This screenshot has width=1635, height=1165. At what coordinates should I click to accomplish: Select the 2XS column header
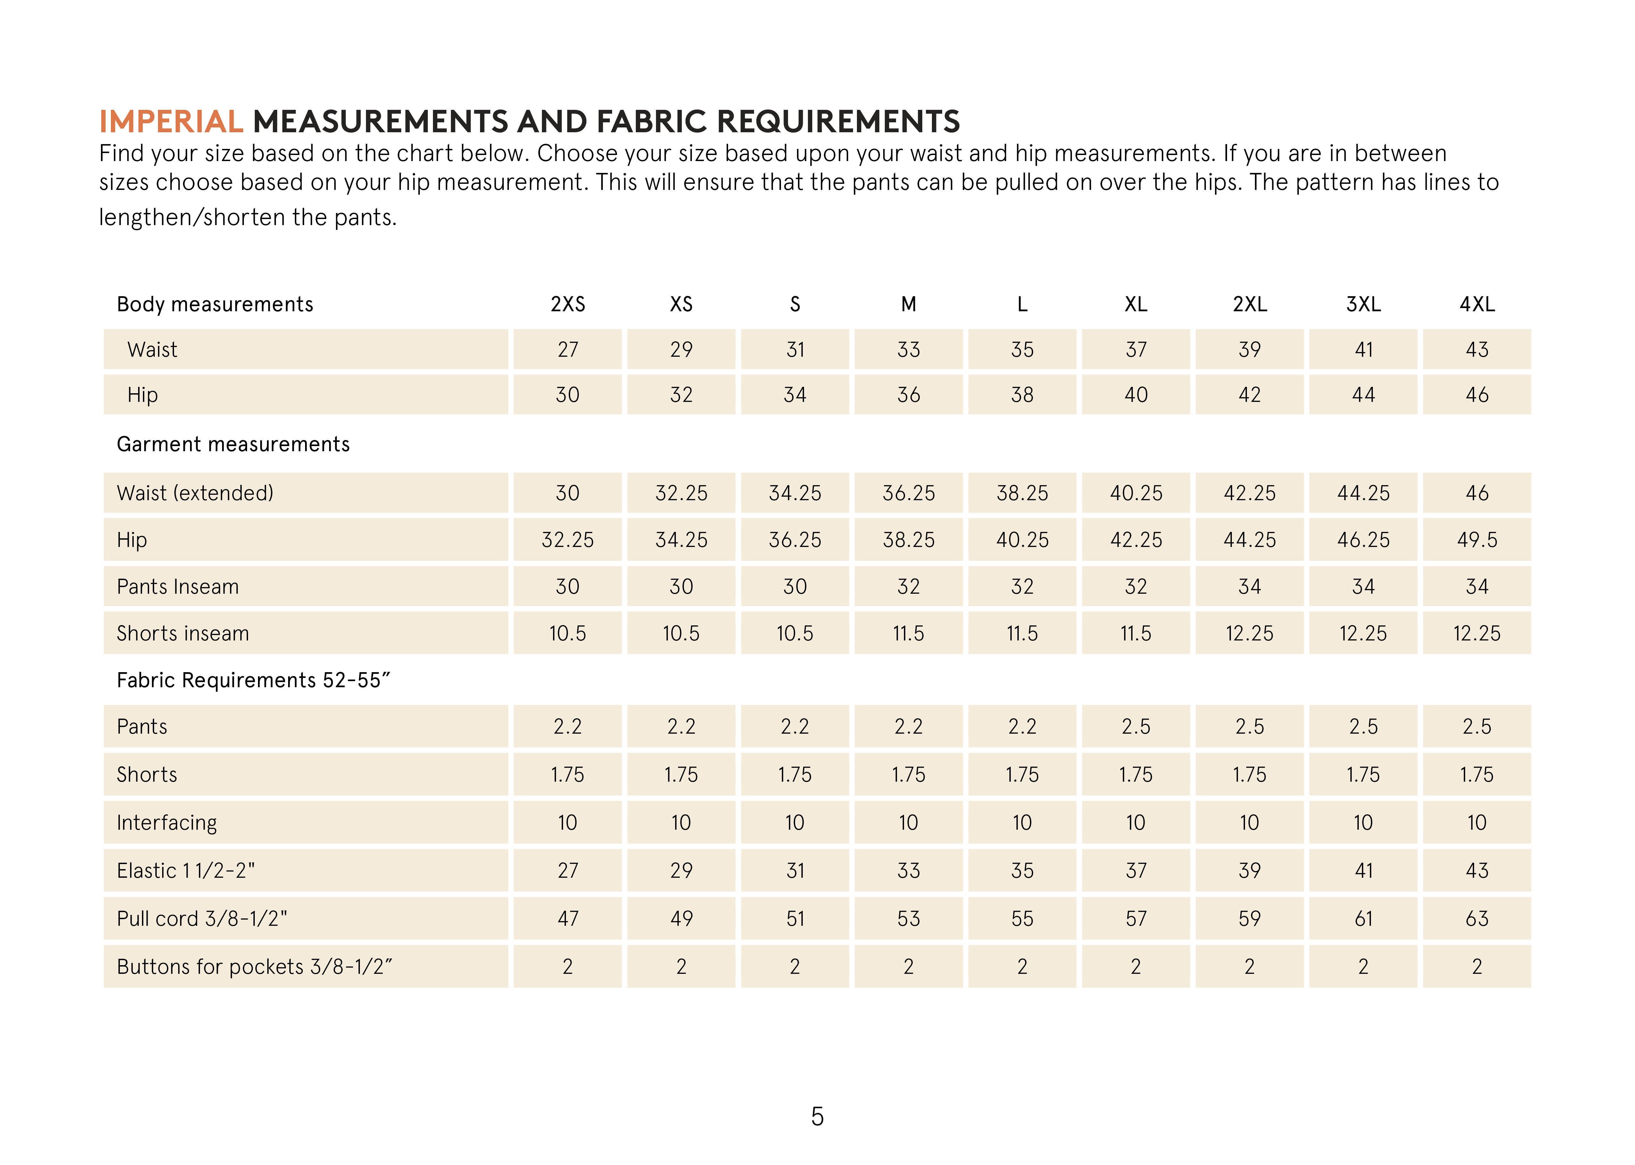pos(568,304)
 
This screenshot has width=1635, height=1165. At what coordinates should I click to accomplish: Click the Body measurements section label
pos(215,304)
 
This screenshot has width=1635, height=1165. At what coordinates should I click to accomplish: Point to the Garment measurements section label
pos(233,444)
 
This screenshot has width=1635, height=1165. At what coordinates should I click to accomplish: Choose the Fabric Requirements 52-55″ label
pos(253,680)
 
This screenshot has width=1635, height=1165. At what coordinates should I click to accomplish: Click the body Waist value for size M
pos(909,349)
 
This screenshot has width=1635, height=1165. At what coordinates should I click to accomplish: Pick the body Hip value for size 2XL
pos(1249,395)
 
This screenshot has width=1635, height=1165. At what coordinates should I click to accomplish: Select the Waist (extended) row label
pos(195,493)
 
